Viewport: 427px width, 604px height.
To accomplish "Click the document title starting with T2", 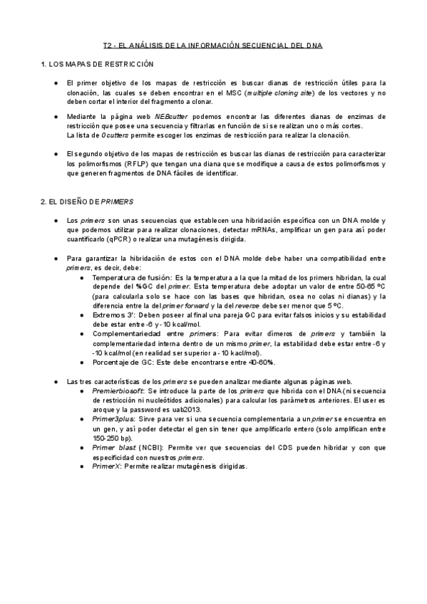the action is [x=212, y=45].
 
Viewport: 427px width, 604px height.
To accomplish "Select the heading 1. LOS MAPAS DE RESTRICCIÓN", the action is [x=98, y=65].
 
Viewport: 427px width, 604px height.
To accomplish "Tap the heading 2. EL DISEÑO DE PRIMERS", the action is [x=87, y=202].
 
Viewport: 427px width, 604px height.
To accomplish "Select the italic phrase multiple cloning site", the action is [x=281, y=93].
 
